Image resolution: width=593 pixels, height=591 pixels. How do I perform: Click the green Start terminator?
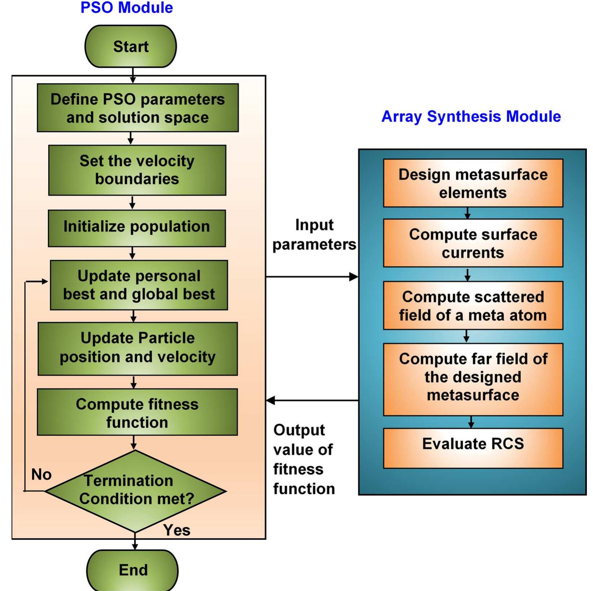[x=130, y=46]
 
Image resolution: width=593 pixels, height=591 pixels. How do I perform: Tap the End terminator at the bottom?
[x=133, y=570]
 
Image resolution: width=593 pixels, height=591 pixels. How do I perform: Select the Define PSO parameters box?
[x=137, y=108]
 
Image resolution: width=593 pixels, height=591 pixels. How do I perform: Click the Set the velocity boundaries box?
[x=137, y=170]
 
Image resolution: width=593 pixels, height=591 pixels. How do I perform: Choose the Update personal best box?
[x=139, y=285]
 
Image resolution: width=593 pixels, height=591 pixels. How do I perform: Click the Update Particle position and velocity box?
[x=137, y=348]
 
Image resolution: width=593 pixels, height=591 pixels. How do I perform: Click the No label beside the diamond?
[x=41, y=474]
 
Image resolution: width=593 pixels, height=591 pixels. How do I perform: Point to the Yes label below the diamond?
[x=176, y=530]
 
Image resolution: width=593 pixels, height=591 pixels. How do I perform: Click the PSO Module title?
[x=127, y=8]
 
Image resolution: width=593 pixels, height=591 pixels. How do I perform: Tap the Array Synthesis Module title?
[x=471, y=116]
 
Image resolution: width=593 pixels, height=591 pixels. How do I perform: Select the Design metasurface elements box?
[x=473, y=183]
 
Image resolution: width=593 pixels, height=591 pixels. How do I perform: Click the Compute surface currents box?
[x=473, y=243]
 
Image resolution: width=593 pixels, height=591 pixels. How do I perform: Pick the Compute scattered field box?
[x=473, y=306]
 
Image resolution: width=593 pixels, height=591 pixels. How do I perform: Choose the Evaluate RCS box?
[x=473, y=448]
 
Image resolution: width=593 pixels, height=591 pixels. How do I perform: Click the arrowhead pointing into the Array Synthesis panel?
[x=354, y=277]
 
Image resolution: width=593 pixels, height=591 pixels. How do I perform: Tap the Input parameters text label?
[x=314, y=235]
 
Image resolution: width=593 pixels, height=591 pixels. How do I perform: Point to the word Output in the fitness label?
[x=299, y=430]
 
